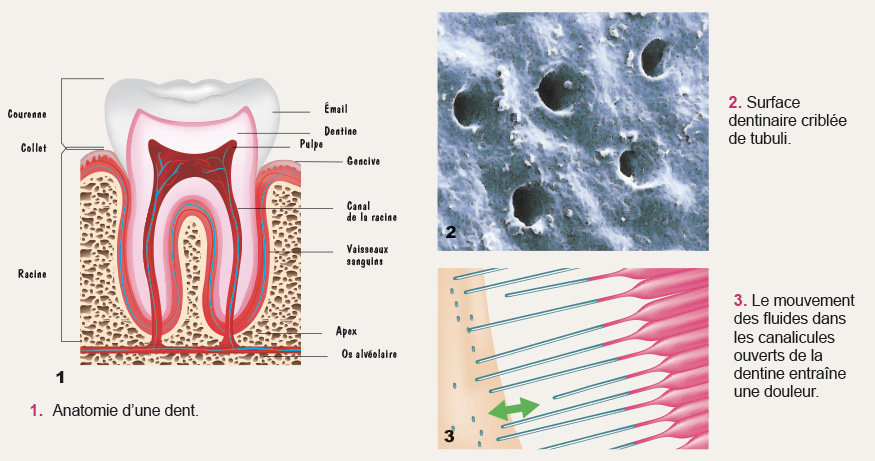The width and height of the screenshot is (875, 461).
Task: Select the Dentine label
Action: click(341, 132)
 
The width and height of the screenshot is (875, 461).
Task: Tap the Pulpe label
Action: click(309, 145)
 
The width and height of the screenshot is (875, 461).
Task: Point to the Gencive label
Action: click(363, 161)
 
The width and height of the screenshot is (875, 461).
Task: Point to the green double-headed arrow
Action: click(513, 408)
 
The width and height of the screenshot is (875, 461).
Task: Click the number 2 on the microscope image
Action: click(451, 232)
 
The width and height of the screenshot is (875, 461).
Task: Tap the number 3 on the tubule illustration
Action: click(450, 436)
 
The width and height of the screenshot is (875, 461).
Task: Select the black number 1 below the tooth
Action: click(60, 378)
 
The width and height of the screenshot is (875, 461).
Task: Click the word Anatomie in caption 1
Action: click(85, 410)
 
